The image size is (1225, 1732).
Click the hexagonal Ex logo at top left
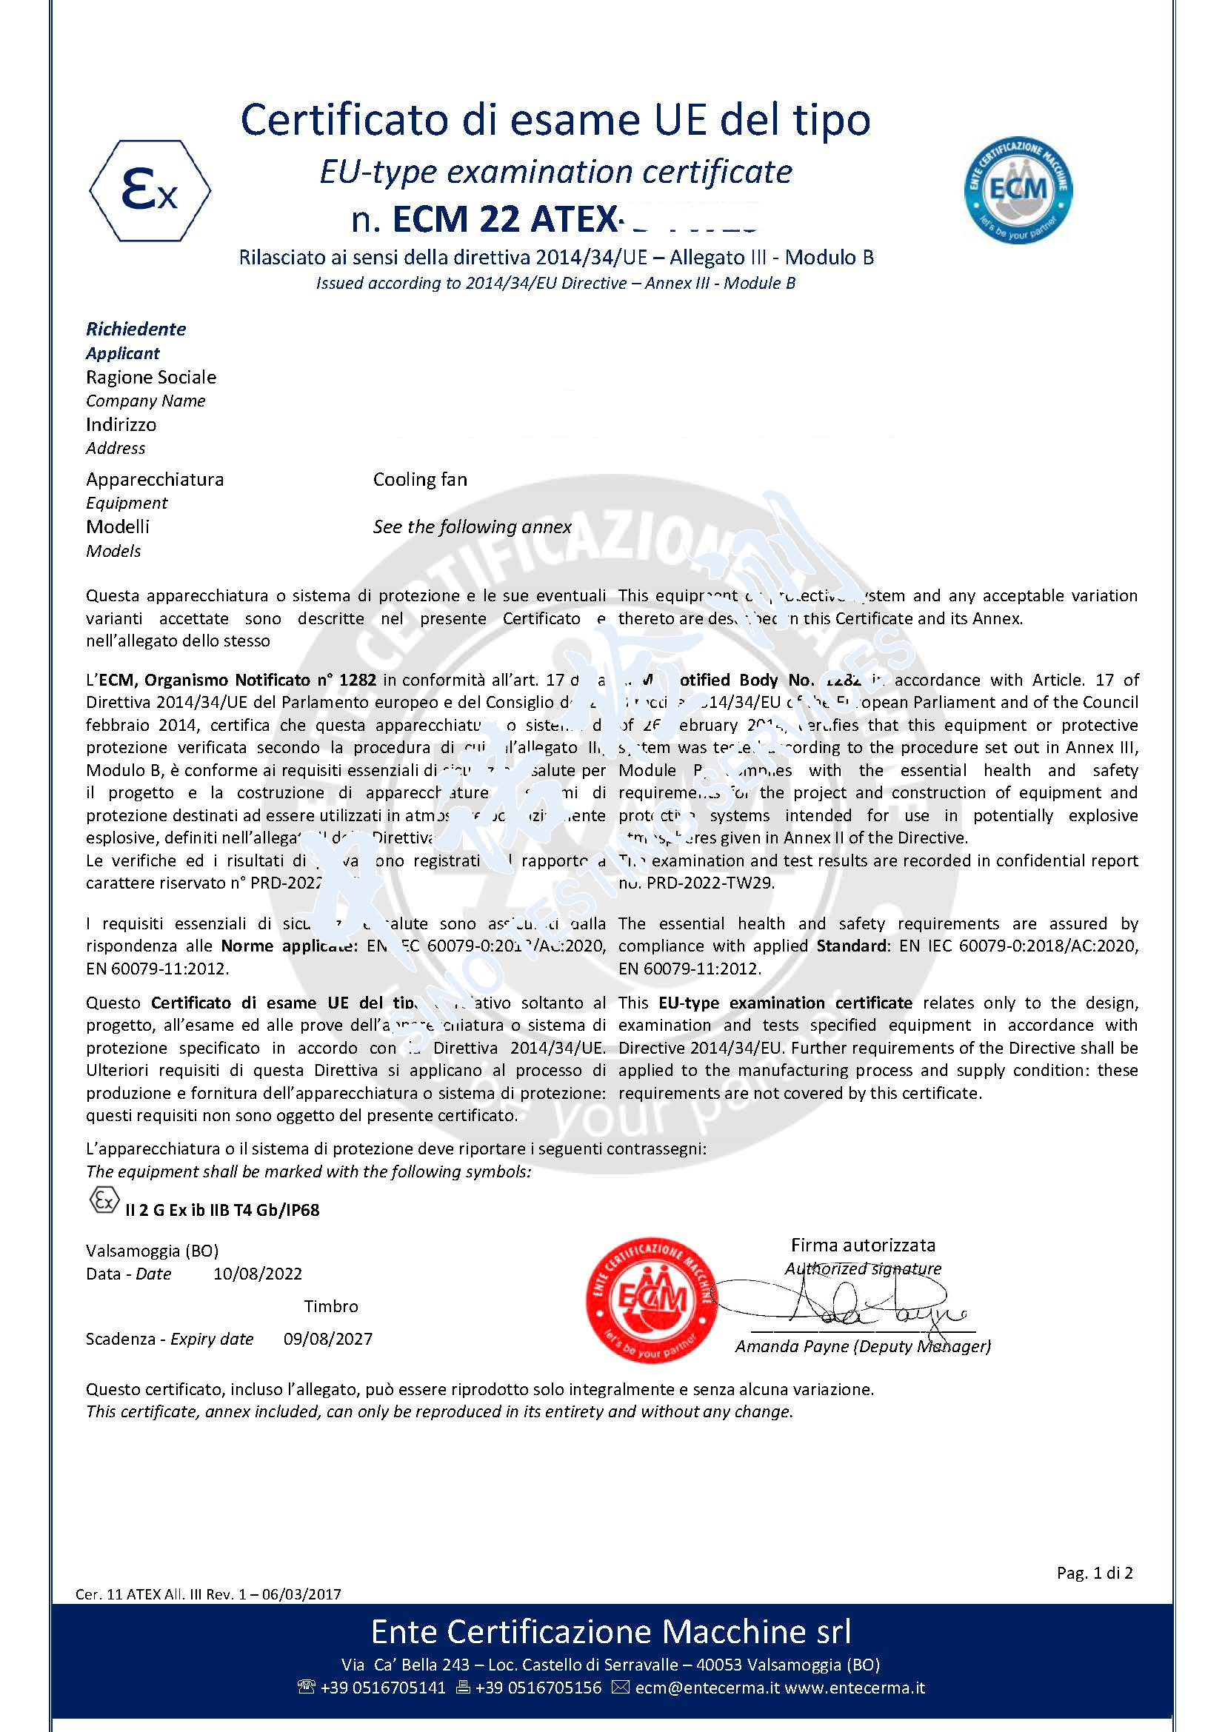(150, 191)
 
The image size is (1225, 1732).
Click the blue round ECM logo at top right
(1018, 190)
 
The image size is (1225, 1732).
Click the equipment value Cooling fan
(419, 480)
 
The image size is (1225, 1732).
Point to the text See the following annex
(472, 526)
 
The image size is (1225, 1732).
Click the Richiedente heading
(136, 329)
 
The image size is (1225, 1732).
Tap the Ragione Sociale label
(151, 377)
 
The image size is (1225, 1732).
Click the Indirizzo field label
(121, 425)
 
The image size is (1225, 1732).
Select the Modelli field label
(118, 526)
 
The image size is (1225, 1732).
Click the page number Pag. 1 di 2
(1095, 1573)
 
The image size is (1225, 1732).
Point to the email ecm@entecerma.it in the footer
(706, 1688)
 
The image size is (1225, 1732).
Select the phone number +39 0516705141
(382, 1688)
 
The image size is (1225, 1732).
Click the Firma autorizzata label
(863, 1245)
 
